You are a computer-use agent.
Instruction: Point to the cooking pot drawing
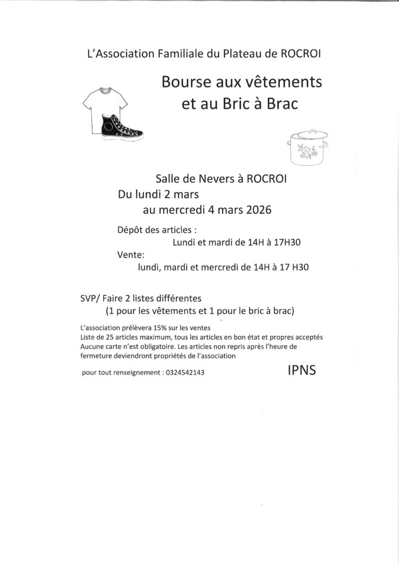tap(309, 147)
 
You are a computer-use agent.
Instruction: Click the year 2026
tap(255, 209)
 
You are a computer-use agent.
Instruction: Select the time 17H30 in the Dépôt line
tap(288, 242)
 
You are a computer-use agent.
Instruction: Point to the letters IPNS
tap(301, 370)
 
